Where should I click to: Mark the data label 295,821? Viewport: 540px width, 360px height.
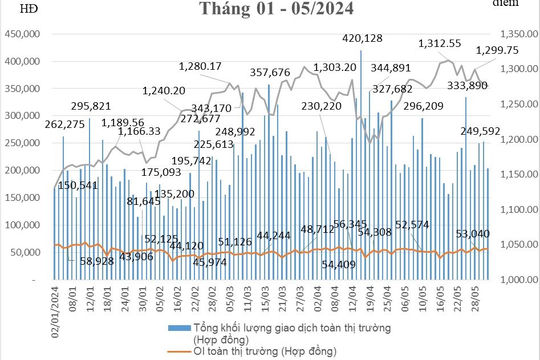click(92, 106)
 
